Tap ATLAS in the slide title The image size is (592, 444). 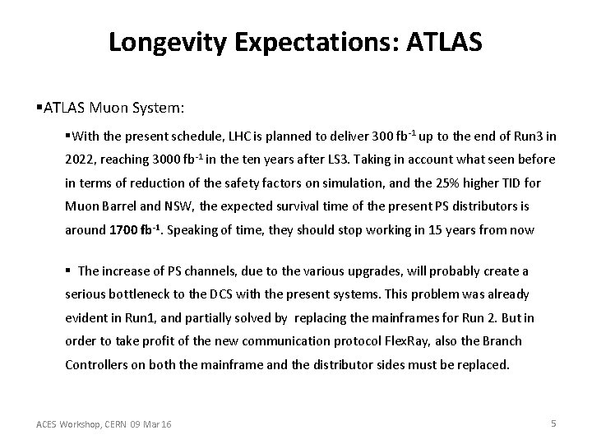click(x=442, y=43)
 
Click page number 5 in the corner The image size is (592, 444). click(x=553, y=423)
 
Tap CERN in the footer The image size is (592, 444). click(x=123, y=424)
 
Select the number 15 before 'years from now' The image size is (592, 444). click(x=418, y=230)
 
